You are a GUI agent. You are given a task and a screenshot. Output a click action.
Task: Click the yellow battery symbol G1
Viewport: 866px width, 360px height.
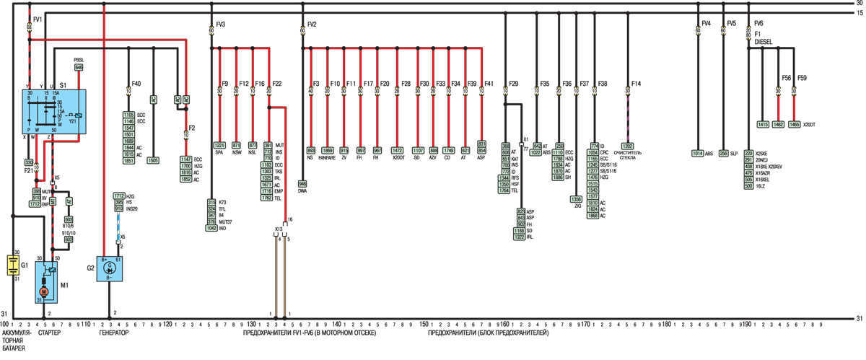pyautogui.click(x=12, y=264)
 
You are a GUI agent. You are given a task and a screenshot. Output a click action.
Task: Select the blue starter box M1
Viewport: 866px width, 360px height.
pyautogui.click(x=45, y=281)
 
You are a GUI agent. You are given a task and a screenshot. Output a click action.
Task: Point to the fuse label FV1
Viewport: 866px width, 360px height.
pyautogui.click(x=38, y=17)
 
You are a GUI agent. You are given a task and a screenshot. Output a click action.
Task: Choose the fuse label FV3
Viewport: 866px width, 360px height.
pyautogui.click(x=220, y=25)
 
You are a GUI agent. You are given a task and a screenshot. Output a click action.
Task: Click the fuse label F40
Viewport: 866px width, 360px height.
pyautogui.click(x=136, y=83)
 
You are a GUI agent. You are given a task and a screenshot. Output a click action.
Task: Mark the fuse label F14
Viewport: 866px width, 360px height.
pyautogui.click(x=636, y=83)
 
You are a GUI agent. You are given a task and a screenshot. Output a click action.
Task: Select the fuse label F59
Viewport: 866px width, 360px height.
pyautogui.click(x=802, y=77)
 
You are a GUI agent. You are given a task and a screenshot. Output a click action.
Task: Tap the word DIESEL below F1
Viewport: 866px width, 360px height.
pyautogui.click(x=764, y=42)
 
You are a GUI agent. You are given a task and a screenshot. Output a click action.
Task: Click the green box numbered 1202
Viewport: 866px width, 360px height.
pyautogui.click(x=628, y=146)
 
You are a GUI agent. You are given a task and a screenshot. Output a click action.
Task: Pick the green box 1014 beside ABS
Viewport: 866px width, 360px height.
pyautogui.click(x=697, y=153)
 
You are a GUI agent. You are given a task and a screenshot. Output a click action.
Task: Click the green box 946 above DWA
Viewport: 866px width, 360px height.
pyautogui.click(x=302, y=184)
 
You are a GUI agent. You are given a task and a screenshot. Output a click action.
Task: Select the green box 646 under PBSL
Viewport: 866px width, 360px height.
pyautogui.click(x=79, y=67)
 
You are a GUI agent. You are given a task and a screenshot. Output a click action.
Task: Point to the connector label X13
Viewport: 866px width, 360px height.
pyautogui.click(x=279, y=229)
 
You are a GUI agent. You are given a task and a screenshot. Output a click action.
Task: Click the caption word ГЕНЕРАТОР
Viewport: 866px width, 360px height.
pyautogui.click(x=114, y=334)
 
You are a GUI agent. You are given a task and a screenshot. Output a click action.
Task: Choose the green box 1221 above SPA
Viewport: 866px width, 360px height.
pyautogui.click(x=219, y=145)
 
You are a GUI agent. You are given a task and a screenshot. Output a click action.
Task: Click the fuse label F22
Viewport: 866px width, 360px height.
pyautogui.click(x=277, y=83)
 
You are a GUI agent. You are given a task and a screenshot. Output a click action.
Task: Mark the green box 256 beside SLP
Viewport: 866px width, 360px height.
pyautogui.click(x=723, y=153)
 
